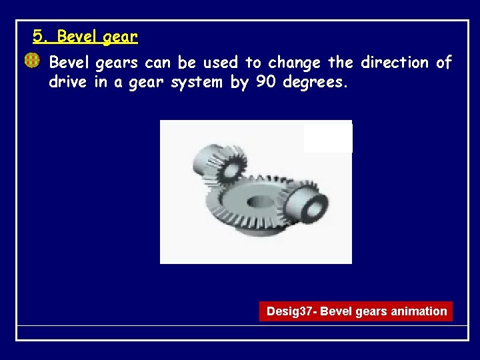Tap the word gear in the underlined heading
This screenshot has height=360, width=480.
click(121, 37)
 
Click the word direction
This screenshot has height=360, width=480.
click(395, 63)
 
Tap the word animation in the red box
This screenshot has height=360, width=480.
click(419, 311)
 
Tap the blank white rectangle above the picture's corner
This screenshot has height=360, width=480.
click(327, 138)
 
